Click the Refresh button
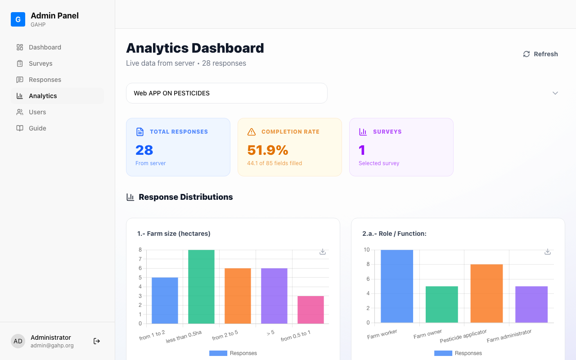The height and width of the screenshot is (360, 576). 540,54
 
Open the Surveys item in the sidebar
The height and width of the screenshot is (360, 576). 40,63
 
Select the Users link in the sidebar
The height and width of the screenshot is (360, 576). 37,112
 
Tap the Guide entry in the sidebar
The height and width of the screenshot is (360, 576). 37,128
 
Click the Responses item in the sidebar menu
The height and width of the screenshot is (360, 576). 45,80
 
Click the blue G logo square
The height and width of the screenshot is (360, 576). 18,19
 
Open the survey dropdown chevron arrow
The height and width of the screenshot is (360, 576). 555,93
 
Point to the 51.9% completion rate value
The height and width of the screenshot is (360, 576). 268,150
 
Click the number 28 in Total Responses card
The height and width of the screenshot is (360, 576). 144,150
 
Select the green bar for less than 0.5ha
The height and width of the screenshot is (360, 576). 201,287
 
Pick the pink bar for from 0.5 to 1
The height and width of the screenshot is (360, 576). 310,310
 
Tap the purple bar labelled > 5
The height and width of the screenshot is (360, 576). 274,296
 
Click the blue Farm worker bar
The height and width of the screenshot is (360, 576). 397,286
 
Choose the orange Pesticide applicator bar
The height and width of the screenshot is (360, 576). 486,293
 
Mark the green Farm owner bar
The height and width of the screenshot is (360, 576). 442,304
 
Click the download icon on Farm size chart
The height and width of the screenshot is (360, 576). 323,252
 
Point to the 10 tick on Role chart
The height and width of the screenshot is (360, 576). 367,250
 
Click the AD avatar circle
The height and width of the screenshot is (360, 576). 18,341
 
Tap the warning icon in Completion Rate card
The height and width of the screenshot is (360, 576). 252,132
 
